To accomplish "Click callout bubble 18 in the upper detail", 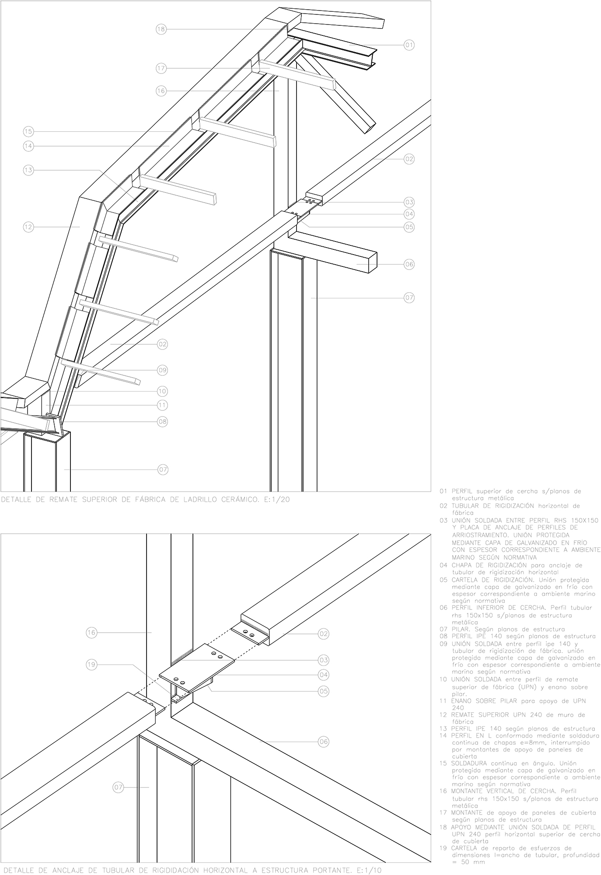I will (x=161, y=29).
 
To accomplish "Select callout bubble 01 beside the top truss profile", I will (x=409, y=45).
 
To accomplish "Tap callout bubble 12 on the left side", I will (x=28, y=227).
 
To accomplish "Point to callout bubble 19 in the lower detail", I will (x=91, y=665).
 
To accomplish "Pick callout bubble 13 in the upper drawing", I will (x=28, y=170).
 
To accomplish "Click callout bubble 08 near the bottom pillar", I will (x=162, y=422).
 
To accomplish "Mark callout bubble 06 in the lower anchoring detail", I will (x=323, y=742).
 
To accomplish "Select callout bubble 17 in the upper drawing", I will (x=161, y=68).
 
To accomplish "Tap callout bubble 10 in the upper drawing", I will (x=162, y=391).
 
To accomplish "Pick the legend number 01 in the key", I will (x=443, y=491).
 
